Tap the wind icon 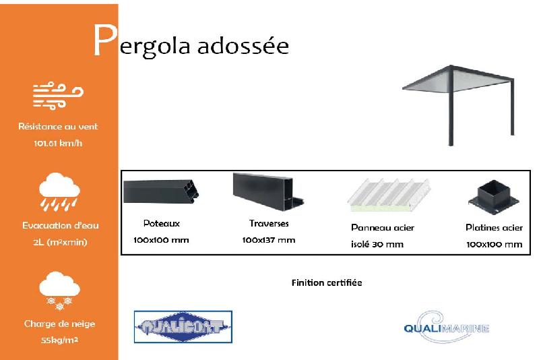point(59,95)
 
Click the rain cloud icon point(59,191)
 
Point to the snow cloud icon point(59,290)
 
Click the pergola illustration point(459,100)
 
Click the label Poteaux point(161,223)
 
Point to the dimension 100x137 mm point(268,240)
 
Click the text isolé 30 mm point(377,244)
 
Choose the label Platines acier point(494,228)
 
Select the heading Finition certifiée point(327,282)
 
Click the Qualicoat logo point(183,327)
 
